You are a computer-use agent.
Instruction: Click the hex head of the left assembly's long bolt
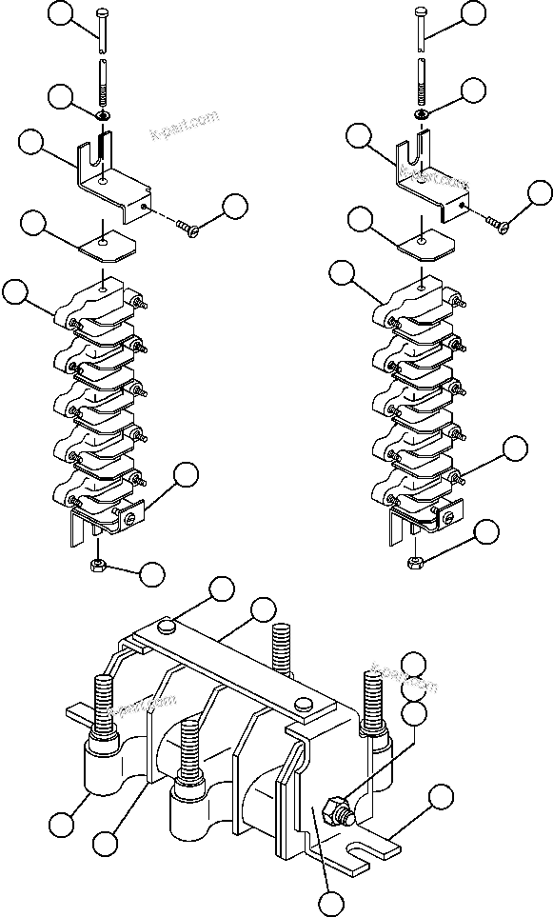click(102, 12)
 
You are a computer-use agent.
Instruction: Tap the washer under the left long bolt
click(102, 115)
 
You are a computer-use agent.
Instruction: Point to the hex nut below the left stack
click(97, 565)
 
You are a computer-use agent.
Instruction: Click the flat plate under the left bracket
click(108, 243)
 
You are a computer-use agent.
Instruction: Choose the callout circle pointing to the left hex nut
click(150, 573)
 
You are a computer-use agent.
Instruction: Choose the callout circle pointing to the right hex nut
click(487, 532)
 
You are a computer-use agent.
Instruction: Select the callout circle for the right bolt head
click(474, 11)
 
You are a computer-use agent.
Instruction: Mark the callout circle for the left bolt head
click(61, 12)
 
